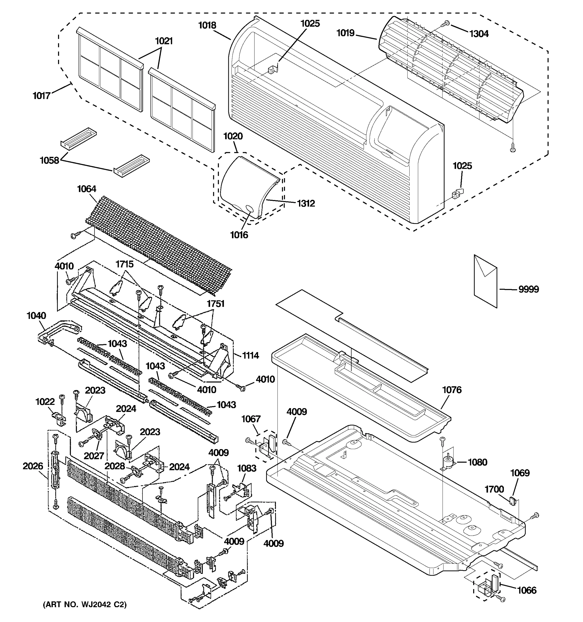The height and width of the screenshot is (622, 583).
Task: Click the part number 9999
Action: click(x=529, y=289)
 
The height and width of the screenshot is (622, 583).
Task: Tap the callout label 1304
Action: click(x=479, y=34)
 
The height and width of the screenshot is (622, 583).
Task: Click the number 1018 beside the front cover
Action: click(x=207, y=25)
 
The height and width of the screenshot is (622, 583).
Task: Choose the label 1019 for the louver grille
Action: click(x=345, y=33)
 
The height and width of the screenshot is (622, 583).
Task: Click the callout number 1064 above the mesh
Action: click(x=87, y=189)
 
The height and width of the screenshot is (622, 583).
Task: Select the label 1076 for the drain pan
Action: click(x=452, y=390)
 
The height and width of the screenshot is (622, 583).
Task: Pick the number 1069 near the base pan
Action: click(x=520, y=473)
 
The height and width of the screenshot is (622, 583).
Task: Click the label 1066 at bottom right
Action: click(x=527, y=590)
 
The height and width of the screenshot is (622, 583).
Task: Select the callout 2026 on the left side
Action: click(x=33, y=466)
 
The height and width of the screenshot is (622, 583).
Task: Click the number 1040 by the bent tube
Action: click(x=36, y=316)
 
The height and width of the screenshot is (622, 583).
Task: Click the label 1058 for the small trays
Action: click(x=49, y=160)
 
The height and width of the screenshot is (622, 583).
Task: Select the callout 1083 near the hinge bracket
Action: click(x=246, y=468)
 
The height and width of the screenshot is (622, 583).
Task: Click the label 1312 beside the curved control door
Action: click(x=305, y=203)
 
